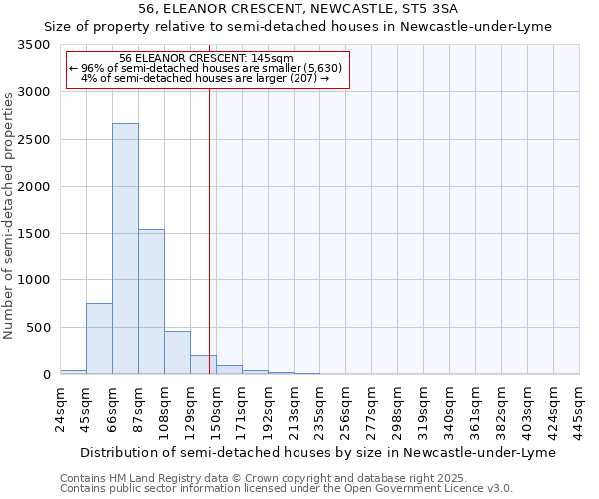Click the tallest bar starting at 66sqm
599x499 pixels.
tap(125, 249)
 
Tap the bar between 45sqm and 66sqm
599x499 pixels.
tap(99, 338)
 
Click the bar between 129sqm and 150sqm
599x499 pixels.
tap(203, 364)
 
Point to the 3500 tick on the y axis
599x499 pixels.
tap(37, 46)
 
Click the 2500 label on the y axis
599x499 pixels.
tap(37, 140)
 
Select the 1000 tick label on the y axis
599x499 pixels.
tap(37, 281)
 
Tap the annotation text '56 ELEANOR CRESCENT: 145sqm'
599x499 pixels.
tap(206, 58)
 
